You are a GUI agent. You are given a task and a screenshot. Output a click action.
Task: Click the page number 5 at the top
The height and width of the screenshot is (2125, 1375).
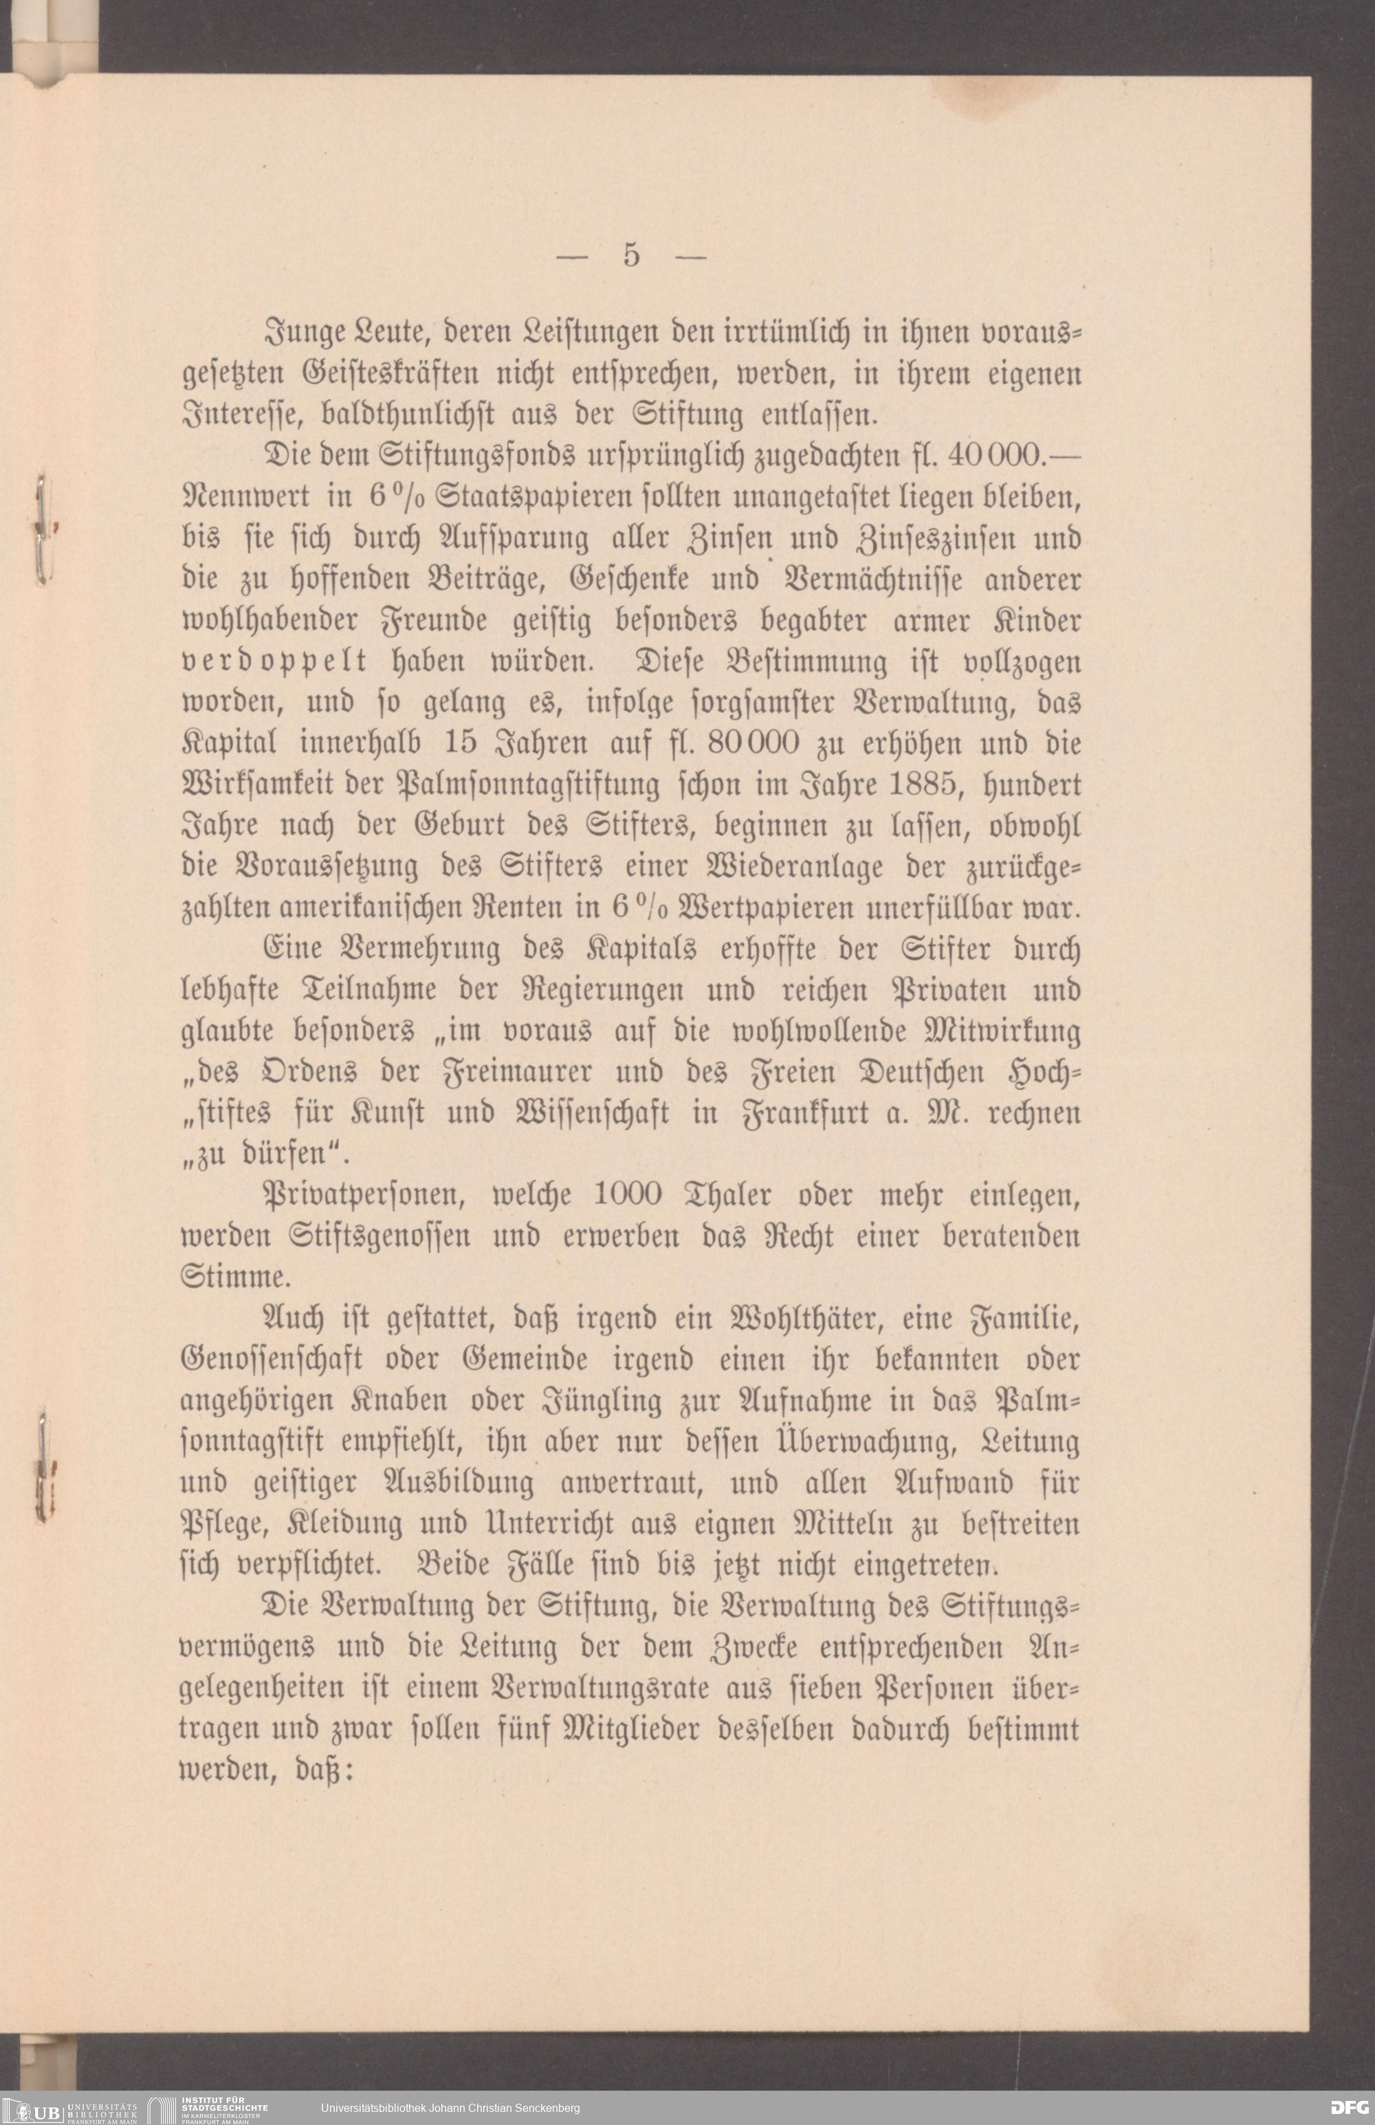pos(631,255)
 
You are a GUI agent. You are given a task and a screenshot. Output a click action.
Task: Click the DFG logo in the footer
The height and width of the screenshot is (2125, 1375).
pos(1348,2107)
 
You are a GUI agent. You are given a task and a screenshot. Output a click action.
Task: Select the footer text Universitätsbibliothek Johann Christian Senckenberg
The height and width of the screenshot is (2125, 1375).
pos(450,2108)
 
